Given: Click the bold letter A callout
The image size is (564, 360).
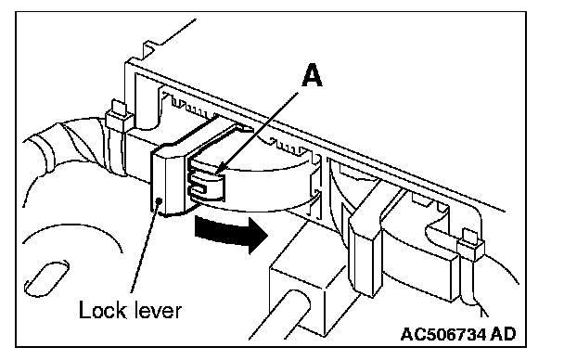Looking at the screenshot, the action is click(312, 75).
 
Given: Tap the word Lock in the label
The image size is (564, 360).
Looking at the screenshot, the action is click(103, 310).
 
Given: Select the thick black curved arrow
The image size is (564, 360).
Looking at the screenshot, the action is click(231, 233).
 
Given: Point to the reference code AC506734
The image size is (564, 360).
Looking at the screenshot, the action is click(443, 334).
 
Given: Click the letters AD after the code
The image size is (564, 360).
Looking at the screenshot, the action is click(503, 334).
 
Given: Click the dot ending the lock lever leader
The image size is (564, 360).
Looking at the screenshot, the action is click(159, 200).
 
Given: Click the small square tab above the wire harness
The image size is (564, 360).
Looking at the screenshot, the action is click(119, 108).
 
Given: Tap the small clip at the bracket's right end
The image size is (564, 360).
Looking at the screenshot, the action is click(470, 245).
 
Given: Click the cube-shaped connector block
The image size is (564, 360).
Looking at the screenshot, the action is click(305, 284).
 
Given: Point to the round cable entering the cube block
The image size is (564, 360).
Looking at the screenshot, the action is click(277, 316).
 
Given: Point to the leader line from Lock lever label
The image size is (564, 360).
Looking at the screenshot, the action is click(145, 247).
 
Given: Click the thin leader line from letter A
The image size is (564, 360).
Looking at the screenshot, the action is click(257, 133).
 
